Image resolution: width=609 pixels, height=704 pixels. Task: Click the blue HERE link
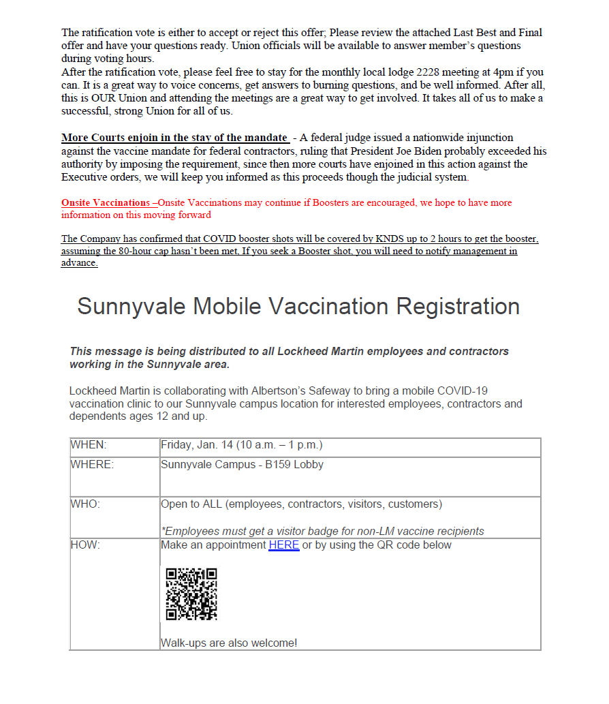click(x=283, y=545)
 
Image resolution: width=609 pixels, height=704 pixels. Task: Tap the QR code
click(x=191, y=594)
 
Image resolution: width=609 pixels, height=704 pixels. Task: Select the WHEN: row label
click(x=89, y=445)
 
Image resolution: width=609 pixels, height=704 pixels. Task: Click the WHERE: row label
click(x=92, y=465)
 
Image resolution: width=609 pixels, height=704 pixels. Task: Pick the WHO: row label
click(x=85, y=504)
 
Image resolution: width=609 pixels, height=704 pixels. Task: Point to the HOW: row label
click(x=85, y=545)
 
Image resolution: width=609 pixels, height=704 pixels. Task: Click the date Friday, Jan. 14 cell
click(x=241, y=445)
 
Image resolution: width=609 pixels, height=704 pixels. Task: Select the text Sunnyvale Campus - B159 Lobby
click(x=242, y=465)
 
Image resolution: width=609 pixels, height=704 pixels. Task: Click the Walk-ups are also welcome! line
click(x=229, y=643)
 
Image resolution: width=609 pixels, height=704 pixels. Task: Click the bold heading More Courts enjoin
click(x=174, y=138)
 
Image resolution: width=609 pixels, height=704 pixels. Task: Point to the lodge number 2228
click(x=431, y=72)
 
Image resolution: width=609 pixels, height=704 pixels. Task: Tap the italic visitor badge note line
click(x=322, y=531)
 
